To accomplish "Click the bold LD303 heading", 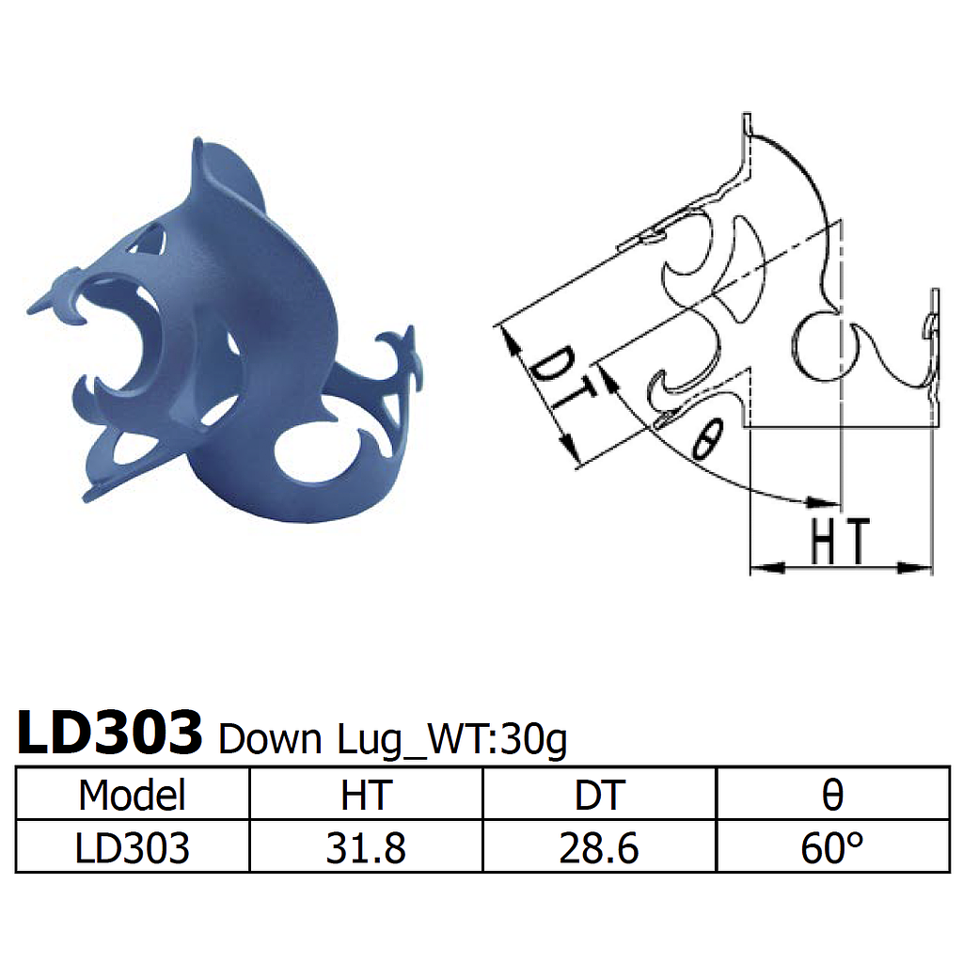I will click(x=110, y=734).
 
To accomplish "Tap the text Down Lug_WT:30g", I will click(x=392, y=741).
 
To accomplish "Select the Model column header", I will click(x=132, y=795).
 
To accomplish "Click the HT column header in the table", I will click(x=365, y=795).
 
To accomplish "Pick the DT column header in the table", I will click(x=599, y=795).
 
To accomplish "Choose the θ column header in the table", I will click(x=832, y=795).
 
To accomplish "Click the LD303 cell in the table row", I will click(x=132, y=848).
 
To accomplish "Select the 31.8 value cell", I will click(x=365, y=848).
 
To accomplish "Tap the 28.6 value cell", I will click(x=599, y=848).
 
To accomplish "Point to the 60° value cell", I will click(x=832, y=848).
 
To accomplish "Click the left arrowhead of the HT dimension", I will click(x=764, y=567).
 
